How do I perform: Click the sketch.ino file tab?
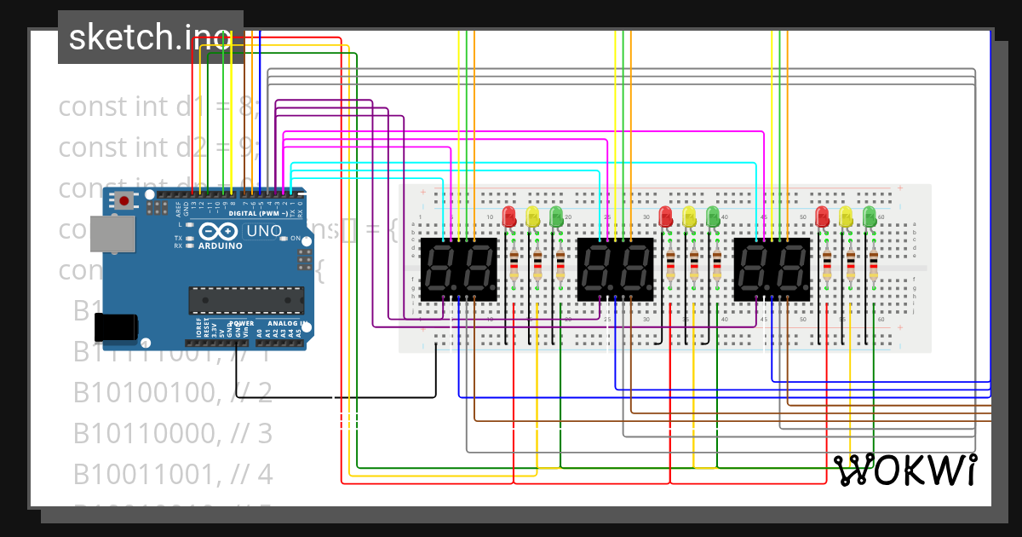click(x=150, y=37)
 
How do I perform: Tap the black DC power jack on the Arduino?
click(x=114, y=328)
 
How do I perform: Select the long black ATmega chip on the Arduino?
click(x=246, y=299)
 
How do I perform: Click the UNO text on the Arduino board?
click(x=263, y=231)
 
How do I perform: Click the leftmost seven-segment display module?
click(x=458, y=268)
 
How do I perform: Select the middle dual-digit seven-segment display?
click(x=615, y=268)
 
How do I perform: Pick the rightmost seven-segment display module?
click(x=772, y=268)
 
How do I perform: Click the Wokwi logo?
click(x=904, y=470)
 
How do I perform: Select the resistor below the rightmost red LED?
click(x=826, y=266)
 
